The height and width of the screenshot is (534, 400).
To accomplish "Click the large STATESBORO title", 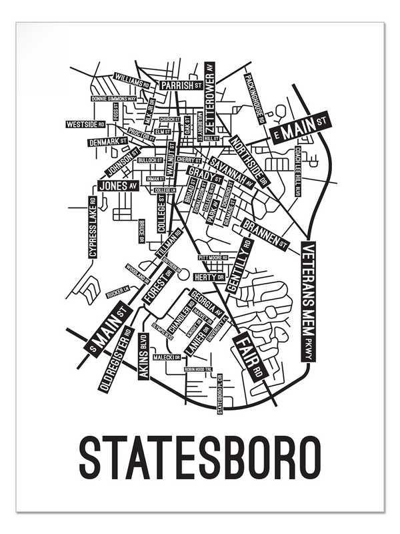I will (200, 455).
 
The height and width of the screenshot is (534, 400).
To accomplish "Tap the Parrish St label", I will (181, 85).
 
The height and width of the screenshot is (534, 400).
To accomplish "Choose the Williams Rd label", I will (131, 80).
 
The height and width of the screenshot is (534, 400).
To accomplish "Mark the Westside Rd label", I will (86, 124).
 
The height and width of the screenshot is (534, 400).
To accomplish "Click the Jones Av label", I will (119, 185).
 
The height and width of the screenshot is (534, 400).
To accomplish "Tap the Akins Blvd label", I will (143, 357).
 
